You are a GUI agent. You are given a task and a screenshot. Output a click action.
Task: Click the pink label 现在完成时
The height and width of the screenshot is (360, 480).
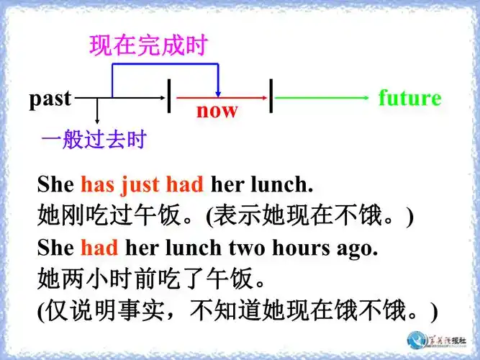point(148,46)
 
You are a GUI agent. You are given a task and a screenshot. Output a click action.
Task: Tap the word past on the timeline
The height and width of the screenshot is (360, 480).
point(50,99)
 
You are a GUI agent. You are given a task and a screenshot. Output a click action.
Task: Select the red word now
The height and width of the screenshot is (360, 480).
point(217,111)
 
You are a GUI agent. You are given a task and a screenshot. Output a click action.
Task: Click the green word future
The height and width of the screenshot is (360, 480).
point(409,98)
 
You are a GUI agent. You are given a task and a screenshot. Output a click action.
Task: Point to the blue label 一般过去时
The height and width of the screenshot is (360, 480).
point(94,138)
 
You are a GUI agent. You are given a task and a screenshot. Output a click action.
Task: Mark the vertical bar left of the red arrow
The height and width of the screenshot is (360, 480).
point(169,96)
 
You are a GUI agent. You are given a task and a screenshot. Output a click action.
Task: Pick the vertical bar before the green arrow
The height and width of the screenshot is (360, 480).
point(272,96)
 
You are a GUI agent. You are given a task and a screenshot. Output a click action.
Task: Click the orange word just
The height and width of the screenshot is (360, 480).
point(140,184)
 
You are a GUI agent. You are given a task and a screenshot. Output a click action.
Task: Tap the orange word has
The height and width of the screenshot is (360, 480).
point(97,184)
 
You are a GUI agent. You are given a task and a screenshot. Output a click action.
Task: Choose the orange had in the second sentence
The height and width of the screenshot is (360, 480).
point(99,248)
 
